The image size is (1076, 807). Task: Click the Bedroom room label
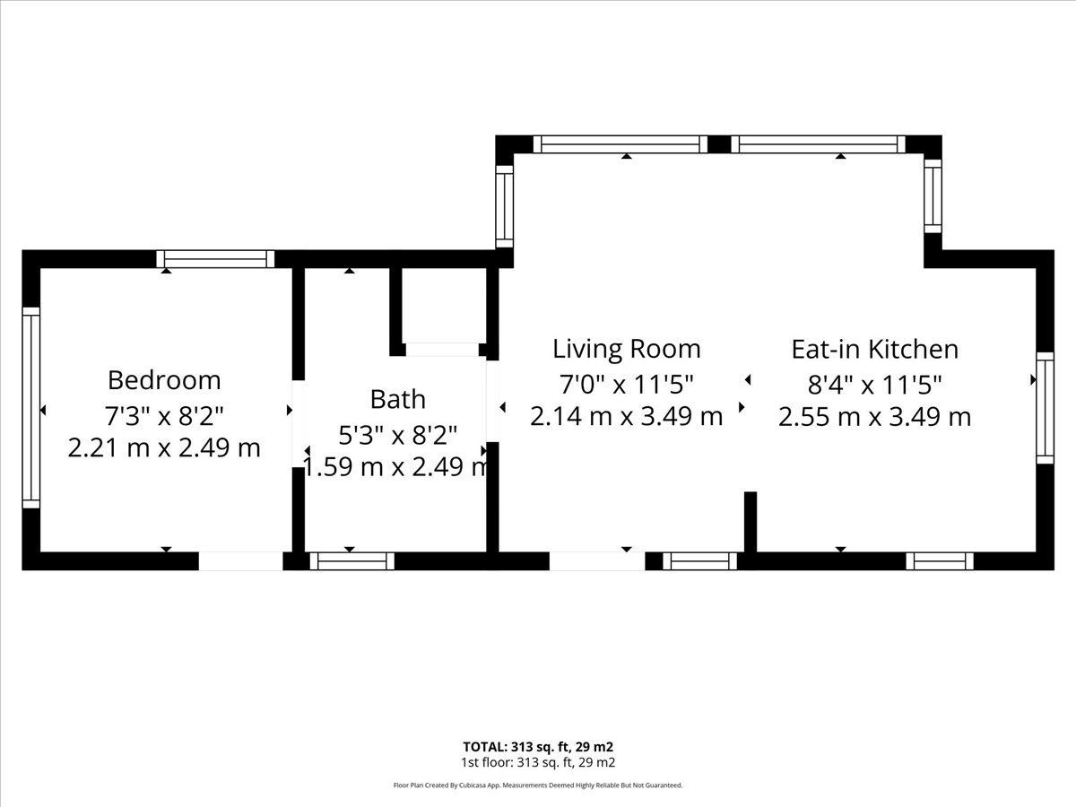pyautogui.click(x=164, y=381)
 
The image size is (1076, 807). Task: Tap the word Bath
pyautogui.click(x=397, y=399)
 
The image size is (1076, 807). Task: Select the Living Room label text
pyautogui.click(x=627, y=350)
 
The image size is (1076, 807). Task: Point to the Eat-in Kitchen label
pyautogui.click(x=875, y=350)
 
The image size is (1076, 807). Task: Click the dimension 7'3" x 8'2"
pyautogui.click(x=164, y=416)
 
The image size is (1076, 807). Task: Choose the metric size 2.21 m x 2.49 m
pyautogui.click(x=164, y=447)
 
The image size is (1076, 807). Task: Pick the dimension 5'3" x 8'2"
pyautogui.click(x=397, y=435)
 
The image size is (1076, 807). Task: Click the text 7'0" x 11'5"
pyautogui.click(x=627, y=385)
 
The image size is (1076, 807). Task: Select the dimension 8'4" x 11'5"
pyautogui.click(x=875, y=385)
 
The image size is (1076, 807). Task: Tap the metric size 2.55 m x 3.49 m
pyautogui.click(x=875, y=417)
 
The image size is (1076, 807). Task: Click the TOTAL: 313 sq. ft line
pyautogui.click(x=538, y=760)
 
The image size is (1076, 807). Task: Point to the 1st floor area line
pyautogui.click(x=538, y=777)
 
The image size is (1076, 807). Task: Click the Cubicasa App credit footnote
pyautogui.click(x=538, y=799)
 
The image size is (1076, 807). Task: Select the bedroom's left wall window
pyautogui.click(x=30, y=408)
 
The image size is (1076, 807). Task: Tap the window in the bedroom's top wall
pyautogui.click(x=215, y=259)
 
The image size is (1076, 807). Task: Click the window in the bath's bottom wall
pyautogui.click(x=352, y=561)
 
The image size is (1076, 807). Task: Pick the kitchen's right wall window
pyautogui.click(x=1046, y=408)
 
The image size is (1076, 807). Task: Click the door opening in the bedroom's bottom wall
pyautogui.click(x=240, y=561)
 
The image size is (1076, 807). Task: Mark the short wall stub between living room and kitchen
pyautogui.click(x=751, y=523)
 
